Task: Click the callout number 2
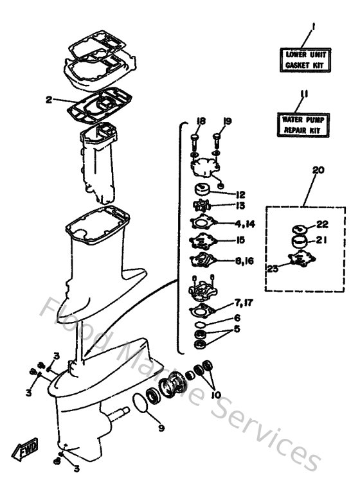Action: [x=48, y=100]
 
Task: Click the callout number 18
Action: [x=201, y=121]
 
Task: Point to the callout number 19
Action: [x=227, y=121]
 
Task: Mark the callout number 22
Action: [x=321, y=224]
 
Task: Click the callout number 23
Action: [x=273, y=269]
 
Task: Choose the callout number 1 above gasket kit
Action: [x=312, y=26]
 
